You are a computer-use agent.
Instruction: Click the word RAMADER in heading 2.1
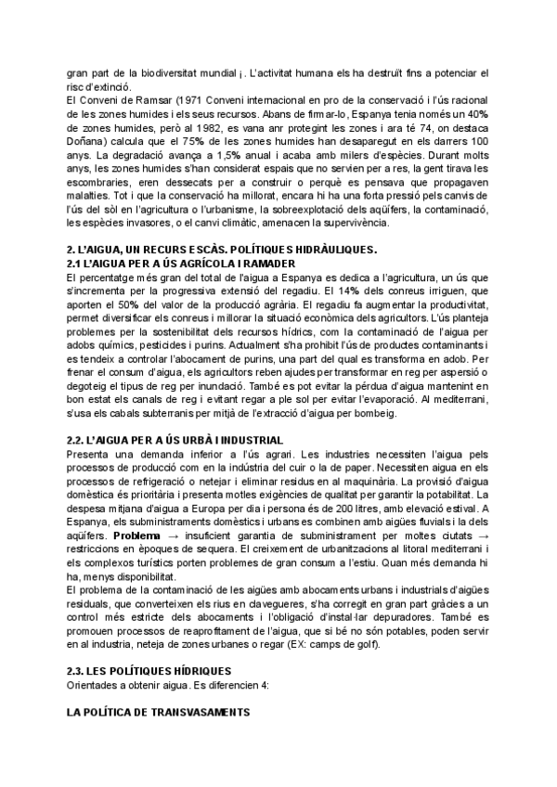coord(216,264)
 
